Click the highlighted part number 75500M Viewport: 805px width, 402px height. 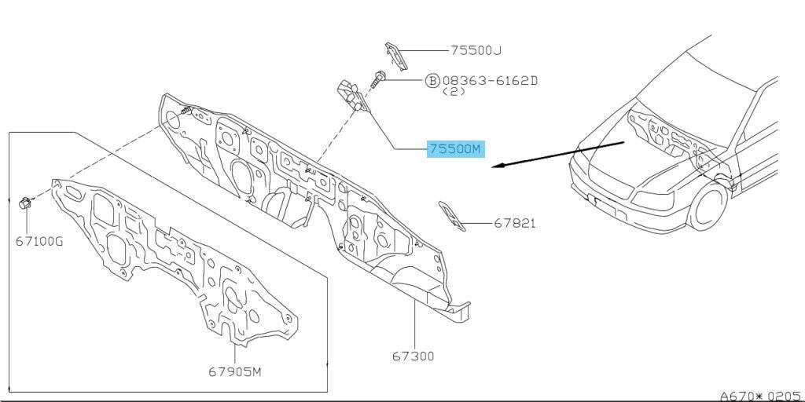(x=456, y=149)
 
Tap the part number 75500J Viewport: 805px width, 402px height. (x=476, y=50)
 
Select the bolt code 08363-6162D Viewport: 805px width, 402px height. (x=491, y=81)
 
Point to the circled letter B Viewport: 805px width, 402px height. (x=432, y=81)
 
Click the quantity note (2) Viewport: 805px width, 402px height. (x=454, y=91)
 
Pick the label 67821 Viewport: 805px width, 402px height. (x=514, y=223)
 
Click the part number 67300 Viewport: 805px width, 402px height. (x=414, y=356)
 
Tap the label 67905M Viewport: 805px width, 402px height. (x=234, y=371)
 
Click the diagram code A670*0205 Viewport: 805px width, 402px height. (x=761, y=396)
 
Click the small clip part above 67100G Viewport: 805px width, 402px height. (x=25, y=203)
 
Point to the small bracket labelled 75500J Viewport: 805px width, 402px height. (x=396, y=56)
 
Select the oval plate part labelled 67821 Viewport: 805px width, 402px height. (x=452, y=216)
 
